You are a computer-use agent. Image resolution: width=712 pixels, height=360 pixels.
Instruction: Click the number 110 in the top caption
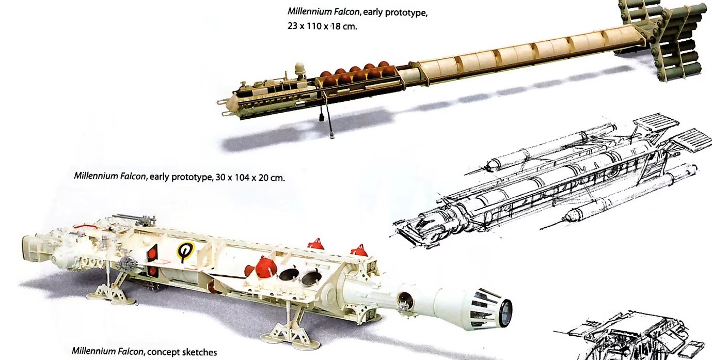(314, 26)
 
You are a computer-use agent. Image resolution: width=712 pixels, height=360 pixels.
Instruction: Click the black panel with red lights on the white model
(152, 260)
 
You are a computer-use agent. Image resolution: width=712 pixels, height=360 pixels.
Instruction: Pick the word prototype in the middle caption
(192, 177)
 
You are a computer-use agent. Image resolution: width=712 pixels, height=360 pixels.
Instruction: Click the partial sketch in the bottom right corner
(632, 337)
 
